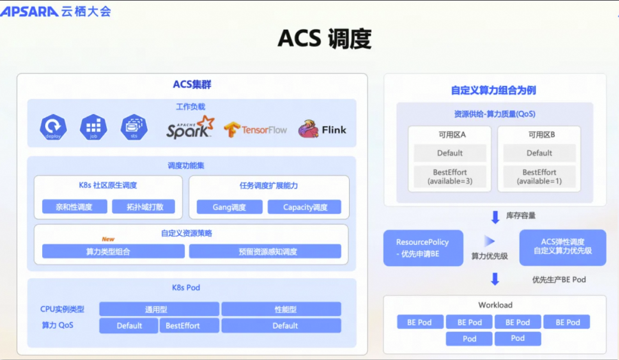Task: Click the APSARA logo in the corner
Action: (x=30, y=12)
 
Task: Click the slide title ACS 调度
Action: (x=325, y=39)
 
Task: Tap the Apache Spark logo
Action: (x=190, y=127)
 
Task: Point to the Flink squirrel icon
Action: (x=308, y=129)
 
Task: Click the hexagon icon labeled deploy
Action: (x=53, y=127)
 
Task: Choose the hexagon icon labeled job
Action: (x=93, y=127)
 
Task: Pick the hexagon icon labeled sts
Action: (x=134, y=127)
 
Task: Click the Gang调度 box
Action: (x=229, y=207)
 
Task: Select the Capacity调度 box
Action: (x=304, y=207)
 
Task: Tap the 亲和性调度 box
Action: (x=74, y=207)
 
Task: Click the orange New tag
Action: (x=108, y=239)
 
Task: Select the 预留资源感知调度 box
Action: (x=265, y=251)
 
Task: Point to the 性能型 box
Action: (x=281, y=309)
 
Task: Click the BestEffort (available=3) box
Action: (x=450, y=176)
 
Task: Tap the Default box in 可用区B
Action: (x=539, y=153)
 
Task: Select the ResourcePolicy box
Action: (x=423, y=248)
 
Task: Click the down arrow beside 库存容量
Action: (x=495, y=217)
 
